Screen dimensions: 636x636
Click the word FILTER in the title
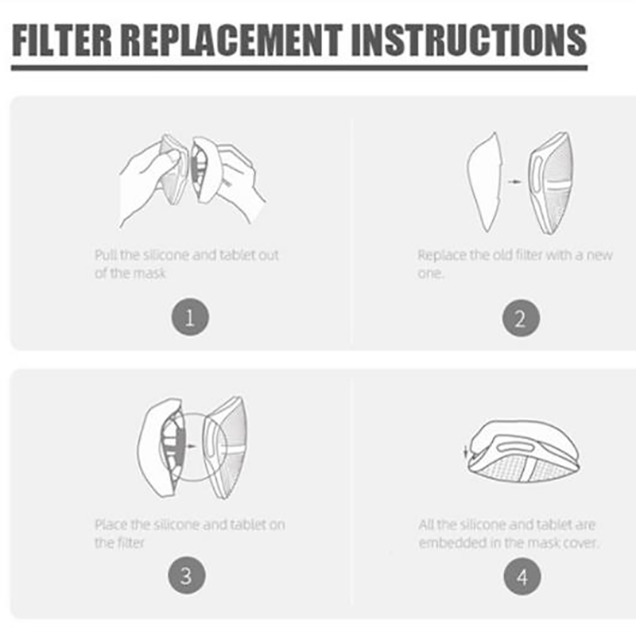[62, 40]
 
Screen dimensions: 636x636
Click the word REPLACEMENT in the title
[231, 40]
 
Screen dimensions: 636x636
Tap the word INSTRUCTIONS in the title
[468, 40]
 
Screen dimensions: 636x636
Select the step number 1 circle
[190, 316]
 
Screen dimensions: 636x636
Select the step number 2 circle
[521, 318]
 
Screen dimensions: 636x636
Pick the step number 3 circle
[187, 575]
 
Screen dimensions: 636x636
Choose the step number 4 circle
[522, 576]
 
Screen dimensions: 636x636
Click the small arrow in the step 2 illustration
[514, 182]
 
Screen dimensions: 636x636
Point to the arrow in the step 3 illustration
[191, 446]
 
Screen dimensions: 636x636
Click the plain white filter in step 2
[484, 183]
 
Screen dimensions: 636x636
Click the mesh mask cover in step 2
[551, 183]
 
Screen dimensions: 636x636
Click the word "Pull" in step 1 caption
[106, 255]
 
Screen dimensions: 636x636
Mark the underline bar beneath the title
[300, 68]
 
